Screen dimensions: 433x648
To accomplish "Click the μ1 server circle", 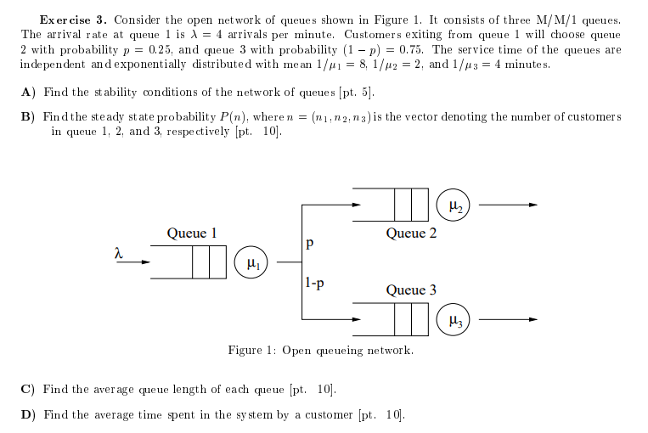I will [252, 262].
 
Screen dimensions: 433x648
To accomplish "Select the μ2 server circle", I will [455, 205].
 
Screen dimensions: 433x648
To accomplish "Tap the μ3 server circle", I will [455, 320].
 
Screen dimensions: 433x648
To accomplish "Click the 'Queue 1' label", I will [191, 233].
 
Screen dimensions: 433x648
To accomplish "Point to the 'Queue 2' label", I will [411, 233].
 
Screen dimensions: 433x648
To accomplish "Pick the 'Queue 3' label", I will [411, 290].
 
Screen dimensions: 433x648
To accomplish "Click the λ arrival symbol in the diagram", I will [119, 252].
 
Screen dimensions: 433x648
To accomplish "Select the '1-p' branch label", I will [313, 283].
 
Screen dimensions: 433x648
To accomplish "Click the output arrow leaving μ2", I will [509, 205].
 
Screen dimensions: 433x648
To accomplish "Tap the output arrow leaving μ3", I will [509, 320].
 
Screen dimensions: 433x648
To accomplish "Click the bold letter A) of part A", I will [27, 93].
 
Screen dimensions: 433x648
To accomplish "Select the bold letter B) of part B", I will [27, 116].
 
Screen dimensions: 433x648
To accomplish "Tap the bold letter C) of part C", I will [27, 390].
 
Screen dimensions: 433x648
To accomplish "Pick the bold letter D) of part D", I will [27, 415].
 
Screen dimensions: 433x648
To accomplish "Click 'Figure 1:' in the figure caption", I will [252, 350].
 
